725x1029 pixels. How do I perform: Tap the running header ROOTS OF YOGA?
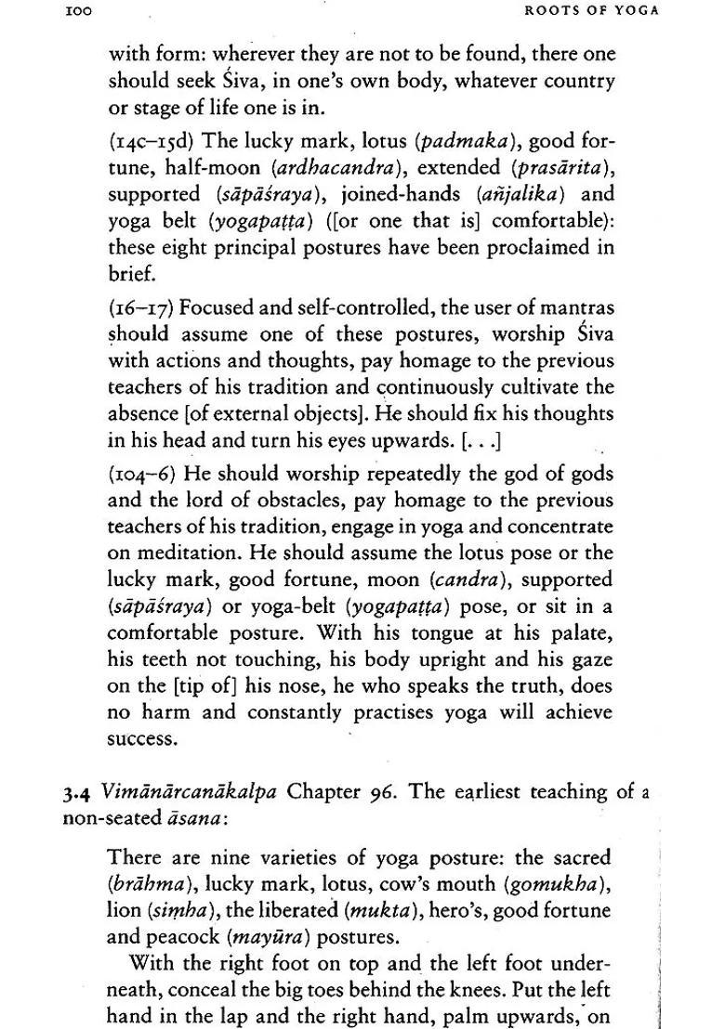click(592, 11)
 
